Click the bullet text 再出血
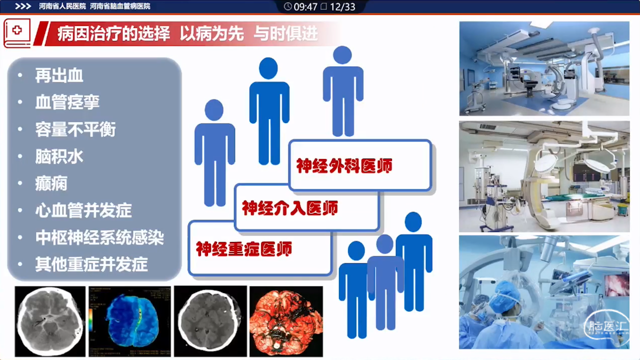[x=59, y=75]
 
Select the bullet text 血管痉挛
[x=67, y=102]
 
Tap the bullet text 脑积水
[x=59, y=156]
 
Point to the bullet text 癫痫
[x=51, y=183]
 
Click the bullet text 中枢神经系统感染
[x=99, y=237]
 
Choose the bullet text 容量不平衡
[x=75, y=129]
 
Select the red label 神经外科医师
[x=344, y=165]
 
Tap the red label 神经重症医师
[x=244, y=248]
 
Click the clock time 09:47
[x=305, y=6]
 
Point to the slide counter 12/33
[x=342, y=6]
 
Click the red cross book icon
[x=17, y=33]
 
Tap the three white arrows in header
[x=23, y=6]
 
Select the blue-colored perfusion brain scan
[x=129, y=321]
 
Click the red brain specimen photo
[x=286, y=321]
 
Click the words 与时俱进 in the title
[x=285, y=33]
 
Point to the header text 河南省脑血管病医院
[x=120, y=6]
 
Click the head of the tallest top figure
[x=342, y=55]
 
